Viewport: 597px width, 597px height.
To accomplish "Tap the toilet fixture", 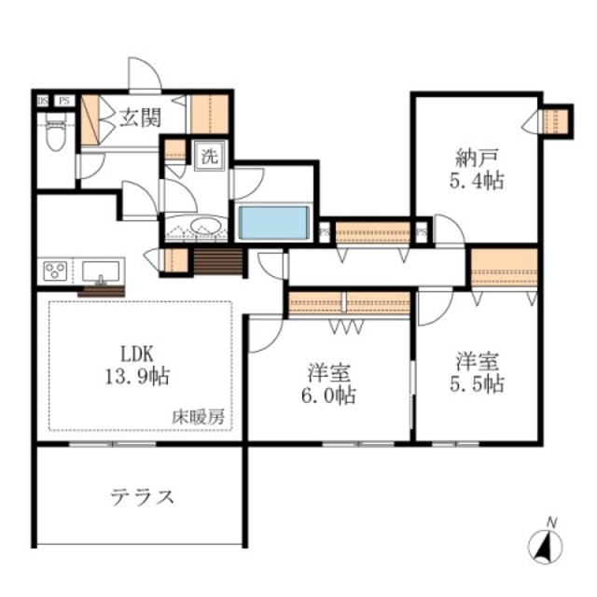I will click(x=55, y=134).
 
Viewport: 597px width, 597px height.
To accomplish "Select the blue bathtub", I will click(x=273, y=223).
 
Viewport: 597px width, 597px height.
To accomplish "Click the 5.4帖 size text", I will click(x=475, y=180).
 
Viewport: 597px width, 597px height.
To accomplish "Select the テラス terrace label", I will click(x=140, y=496).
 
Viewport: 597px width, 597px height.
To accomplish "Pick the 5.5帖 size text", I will click(x=479, y=383).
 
